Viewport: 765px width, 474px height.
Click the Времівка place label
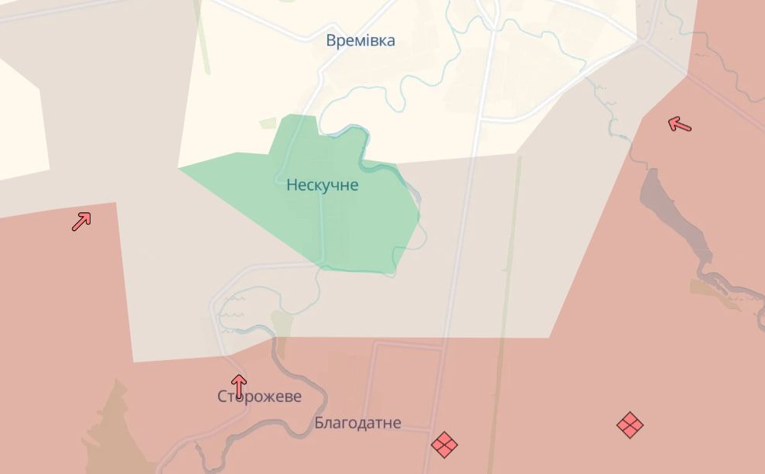coord(360,40)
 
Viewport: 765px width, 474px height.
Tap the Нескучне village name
coord(322,185)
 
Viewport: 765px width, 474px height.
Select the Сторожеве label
coord(259,397)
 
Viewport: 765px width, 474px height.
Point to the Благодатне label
coord(357,423)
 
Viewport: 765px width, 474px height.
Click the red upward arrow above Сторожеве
coord(239,385)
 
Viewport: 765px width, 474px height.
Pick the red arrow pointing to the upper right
coord(81,222)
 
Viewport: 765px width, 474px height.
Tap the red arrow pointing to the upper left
coord(679,124)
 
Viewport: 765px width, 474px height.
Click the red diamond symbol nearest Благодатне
coord(444,444)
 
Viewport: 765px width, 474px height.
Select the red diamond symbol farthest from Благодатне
coord(630,424)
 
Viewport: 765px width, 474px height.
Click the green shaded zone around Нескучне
coord(348,225)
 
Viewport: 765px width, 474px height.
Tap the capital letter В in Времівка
coord(332,40)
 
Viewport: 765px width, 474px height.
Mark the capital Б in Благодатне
coord(319,423)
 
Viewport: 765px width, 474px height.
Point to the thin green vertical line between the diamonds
coord(503,387)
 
